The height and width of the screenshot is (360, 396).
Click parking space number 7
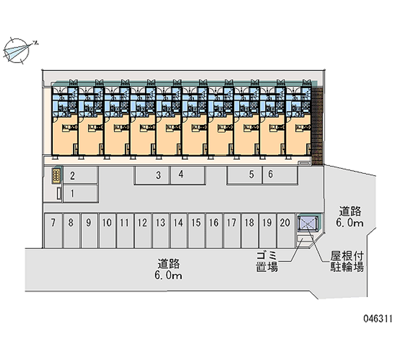(x=53, y=230)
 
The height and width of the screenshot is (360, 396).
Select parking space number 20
(x=284, y=230)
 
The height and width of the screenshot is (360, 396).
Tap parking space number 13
(x=160, y=230)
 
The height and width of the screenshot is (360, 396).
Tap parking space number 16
(x=213, y=230)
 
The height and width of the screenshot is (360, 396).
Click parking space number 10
(x=106, y=230)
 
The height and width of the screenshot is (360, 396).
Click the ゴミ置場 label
(x=267, y=261)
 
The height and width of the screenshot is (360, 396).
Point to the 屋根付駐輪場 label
(x=347, y=261)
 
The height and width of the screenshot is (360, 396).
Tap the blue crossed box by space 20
(x=307, y=224)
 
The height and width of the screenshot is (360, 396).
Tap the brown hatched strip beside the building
(x=317, y=126)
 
